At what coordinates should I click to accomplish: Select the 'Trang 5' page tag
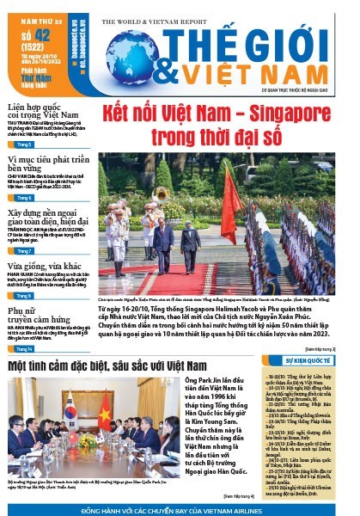[24, 145]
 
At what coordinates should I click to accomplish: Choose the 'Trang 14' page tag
[23, 350]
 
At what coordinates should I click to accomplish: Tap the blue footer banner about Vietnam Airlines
[180, 508]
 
